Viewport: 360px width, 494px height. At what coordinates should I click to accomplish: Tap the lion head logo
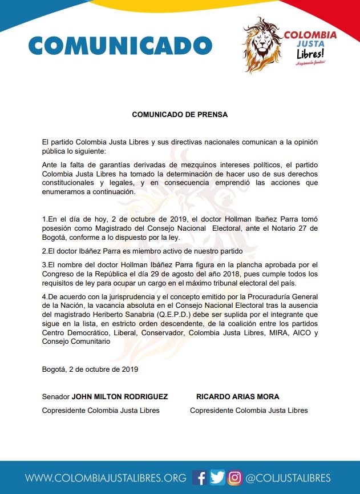263,43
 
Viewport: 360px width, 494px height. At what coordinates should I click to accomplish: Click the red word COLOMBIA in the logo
310,35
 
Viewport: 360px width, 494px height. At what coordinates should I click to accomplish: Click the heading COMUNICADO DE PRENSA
180,114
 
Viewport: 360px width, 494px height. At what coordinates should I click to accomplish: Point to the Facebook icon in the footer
200,477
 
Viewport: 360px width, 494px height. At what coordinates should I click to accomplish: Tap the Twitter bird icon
217,477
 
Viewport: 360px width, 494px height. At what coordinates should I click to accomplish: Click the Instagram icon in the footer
235,477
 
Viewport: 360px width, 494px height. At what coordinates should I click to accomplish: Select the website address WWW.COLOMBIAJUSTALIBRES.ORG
106,478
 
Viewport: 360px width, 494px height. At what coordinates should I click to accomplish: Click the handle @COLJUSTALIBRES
288,478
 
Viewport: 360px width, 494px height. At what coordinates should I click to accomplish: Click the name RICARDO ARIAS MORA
238,396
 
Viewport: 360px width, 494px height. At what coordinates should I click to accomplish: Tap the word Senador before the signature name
56,396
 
